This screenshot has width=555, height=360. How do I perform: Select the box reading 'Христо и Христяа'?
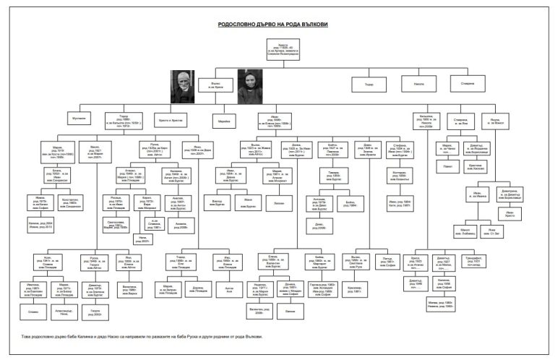click(x=171, y=117)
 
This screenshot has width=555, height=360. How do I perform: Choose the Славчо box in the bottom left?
click(x=33, y=312)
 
